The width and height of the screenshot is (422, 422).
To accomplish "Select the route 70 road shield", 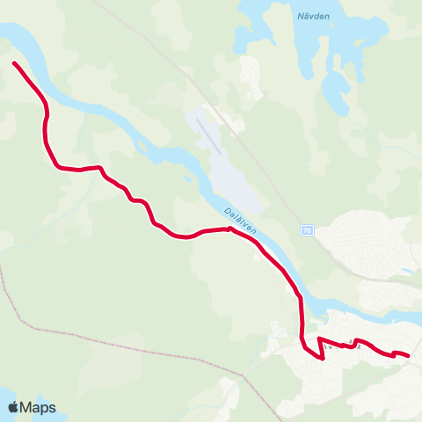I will tap(306, 230).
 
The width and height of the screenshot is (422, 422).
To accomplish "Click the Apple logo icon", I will tap(14, 407).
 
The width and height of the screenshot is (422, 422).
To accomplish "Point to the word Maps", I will tap(39, 407).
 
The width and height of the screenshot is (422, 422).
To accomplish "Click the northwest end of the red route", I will tap(14, 62).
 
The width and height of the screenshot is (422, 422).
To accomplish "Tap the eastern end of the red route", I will tap(409, 355).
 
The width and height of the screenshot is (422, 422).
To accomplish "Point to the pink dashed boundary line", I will tap(132, 342).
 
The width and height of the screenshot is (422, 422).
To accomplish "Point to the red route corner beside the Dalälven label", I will tap(229, 229).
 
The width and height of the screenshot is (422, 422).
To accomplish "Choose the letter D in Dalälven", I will tap(227, 210).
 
